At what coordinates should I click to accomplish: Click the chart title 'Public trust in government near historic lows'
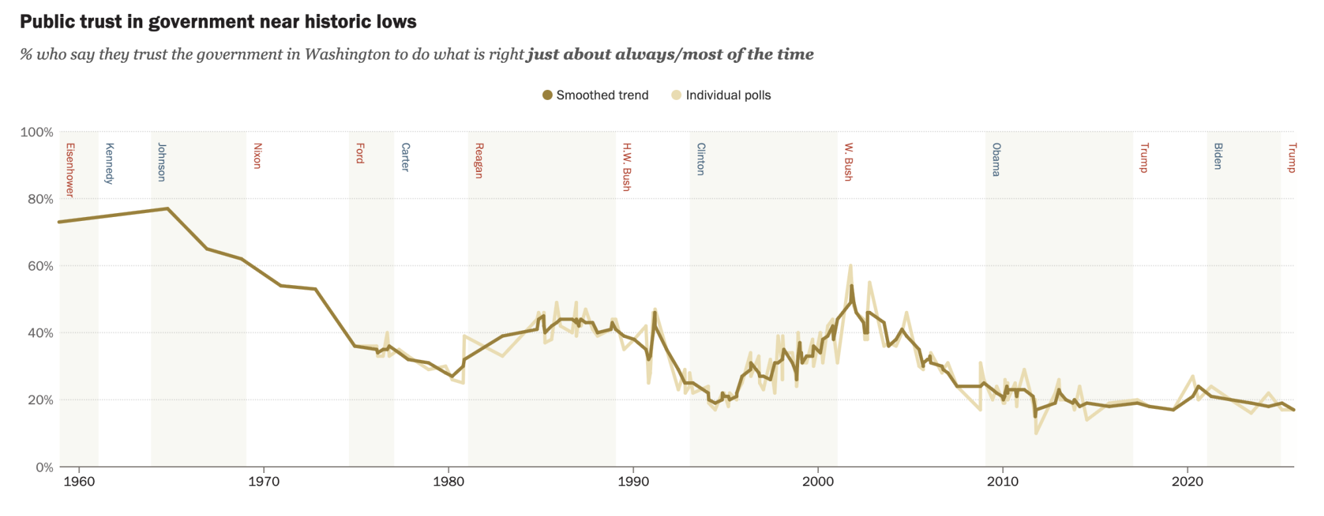click(218, 22)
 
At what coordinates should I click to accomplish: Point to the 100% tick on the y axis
click(37, 132)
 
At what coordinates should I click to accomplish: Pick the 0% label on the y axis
click(44, 467)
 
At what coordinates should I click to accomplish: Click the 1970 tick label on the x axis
click(263, 482)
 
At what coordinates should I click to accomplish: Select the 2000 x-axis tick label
click(818, 482)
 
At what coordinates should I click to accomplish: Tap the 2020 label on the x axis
click(1188, 482)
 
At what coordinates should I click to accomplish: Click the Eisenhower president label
click(70, 170)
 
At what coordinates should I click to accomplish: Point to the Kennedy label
click(110, 163)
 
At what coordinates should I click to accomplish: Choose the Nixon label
click(258, 155)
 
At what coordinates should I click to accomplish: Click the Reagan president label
click(479, 161)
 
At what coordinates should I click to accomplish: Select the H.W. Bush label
click(627, 167)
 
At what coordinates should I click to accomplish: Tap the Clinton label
click(701, 159)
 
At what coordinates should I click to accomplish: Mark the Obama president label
click(996, 159)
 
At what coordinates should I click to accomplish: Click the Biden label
click(1218, 156)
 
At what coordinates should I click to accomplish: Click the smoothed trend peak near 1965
click(167, 208)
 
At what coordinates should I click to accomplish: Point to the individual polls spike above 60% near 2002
click(851, 265)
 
